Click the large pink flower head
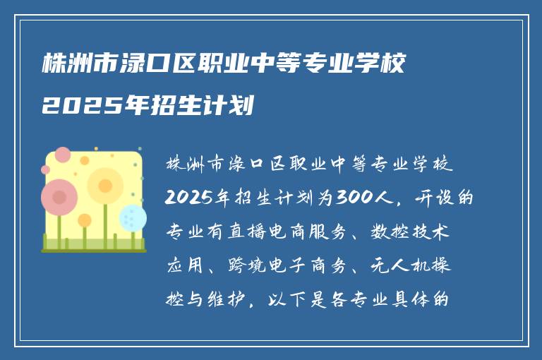(x=59, y=197)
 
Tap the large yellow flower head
(x=105, y=186)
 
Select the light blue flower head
(x=132, y=217)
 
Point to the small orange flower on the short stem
(x=85, y=221)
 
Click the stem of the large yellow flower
(x=106, y=222)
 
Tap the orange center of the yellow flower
(x=105, y=186)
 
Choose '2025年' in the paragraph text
(x=197, y=198)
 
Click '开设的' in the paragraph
(x=445, y=198)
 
